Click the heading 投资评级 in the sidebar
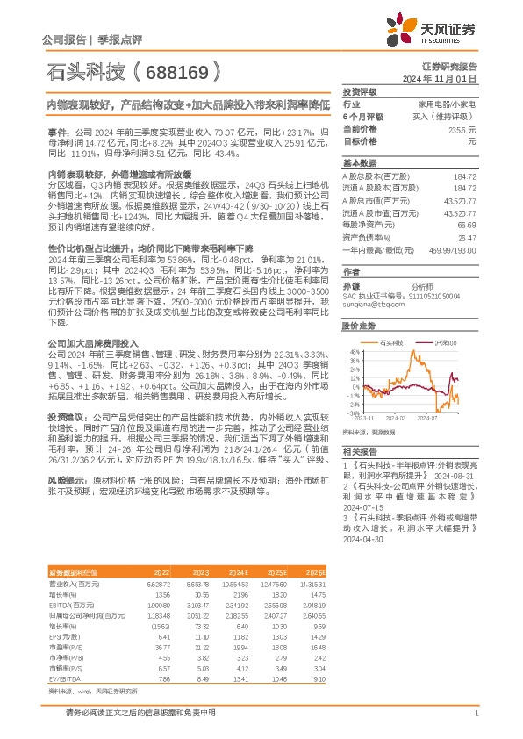click(x=359, y=91)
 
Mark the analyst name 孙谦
click(x=351, y=285)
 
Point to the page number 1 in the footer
click(x=475, y=714)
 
